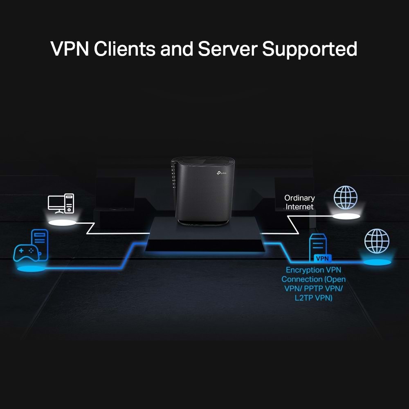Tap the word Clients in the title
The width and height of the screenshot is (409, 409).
(x=124, y=49)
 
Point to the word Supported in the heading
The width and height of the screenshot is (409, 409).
(x=310, y=49)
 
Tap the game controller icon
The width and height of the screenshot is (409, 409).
(x=25, y=252)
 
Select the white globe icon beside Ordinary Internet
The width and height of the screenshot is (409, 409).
(x=345, y=198)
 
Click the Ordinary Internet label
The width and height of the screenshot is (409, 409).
(x=300, y=202)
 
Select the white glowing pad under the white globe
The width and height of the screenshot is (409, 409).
(x=346, y=216)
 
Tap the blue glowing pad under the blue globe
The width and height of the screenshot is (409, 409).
(x=377, y=262)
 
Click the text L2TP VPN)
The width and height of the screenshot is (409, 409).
(x=314, y=298)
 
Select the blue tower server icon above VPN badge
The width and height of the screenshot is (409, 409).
(x=318, y=245)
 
